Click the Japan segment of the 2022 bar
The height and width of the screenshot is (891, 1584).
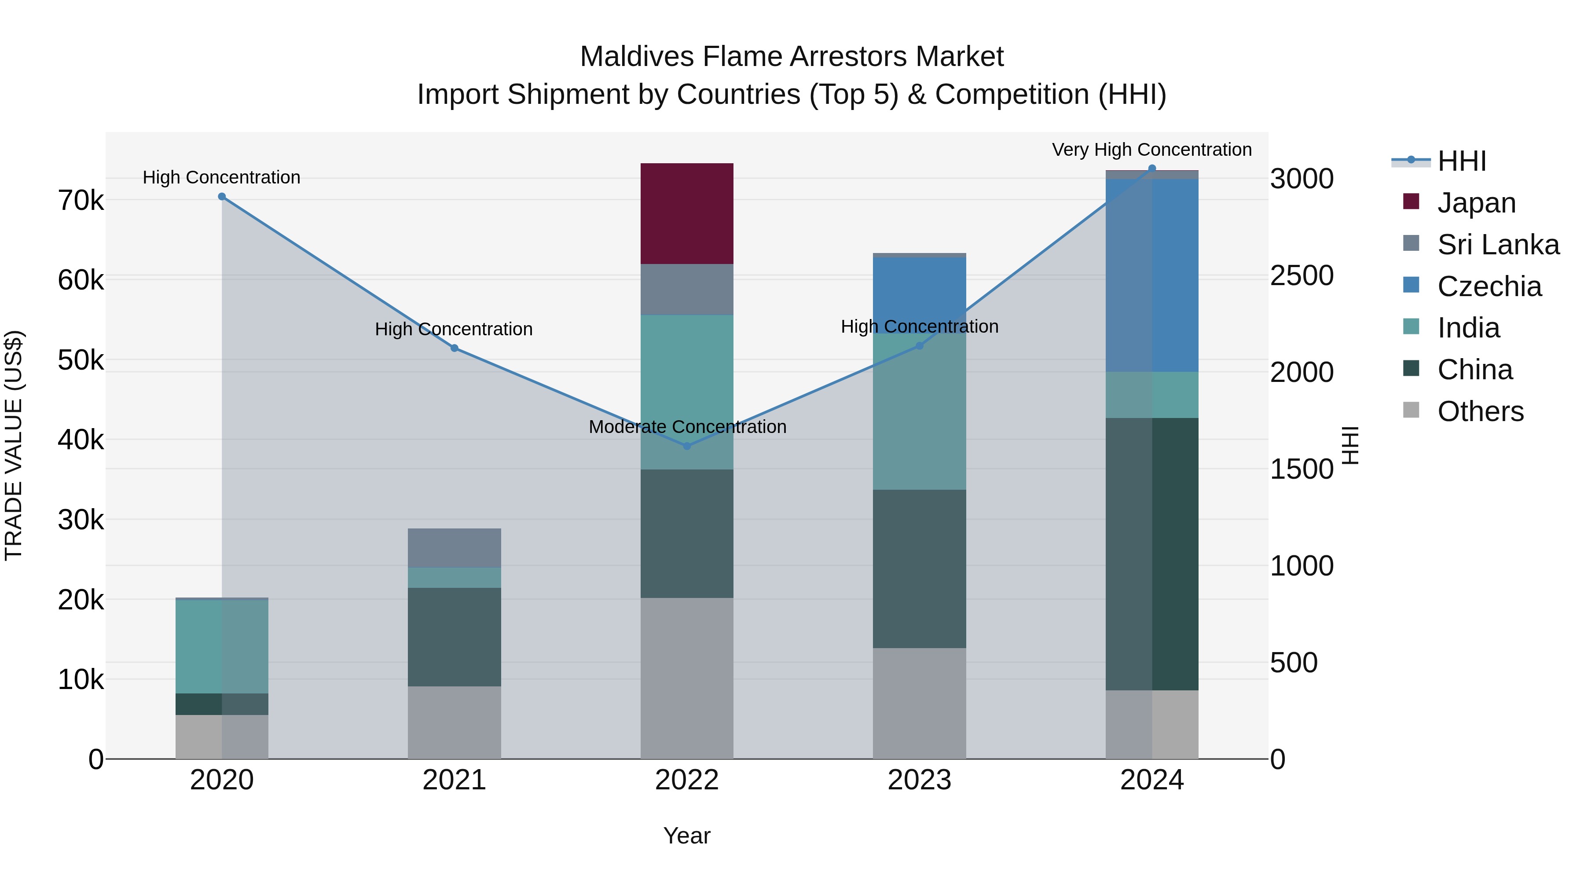pyautogui.click(x=687, y=213)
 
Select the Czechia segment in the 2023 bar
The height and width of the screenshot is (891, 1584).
pyautogui.click(x=919, y=295)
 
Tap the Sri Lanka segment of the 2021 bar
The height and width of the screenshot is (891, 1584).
pyautogui.click(x=455, y=548)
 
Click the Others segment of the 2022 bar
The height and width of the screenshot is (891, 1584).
pyautogui.click(x=687, y=678)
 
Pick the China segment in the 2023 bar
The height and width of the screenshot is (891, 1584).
pyautogui.click(x=919, y=569)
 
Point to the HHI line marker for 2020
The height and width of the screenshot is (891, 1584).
pyautogui.click(x=222, y=197)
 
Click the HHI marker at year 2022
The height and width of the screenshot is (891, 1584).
pyautogui.click(x=687, y=446)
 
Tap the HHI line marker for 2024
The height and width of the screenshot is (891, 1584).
pyautogui.click(x=1152, y=169)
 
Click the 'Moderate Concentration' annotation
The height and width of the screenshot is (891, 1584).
pyautogui.click(x=687, y=427)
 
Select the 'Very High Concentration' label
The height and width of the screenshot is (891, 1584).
pyautogui.click(x=1152, y=150)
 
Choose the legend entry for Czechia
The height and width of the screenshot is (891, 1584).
pyautogui.click(x=1489, y=286)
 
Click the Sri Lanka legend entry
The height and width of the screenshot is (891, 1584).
pyautogui.click(x=1498, y=245)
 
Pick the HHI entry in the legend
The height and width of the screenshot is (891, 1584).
pyautogui.click(x=1462, y=161)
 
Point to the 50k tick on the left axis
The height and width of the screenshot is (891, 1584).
pyautogui.click(x=81, y=360)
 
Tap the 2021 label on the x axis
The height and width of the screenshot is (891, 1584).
pyautogui.click(x=455, y=780)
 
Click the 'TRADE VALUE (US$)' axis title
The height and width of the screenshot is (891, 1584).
pyautogui.click(x=14, y=445)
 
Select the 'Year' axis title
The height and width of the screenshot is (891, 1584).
pyautogui.click(x=687, y=836)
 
